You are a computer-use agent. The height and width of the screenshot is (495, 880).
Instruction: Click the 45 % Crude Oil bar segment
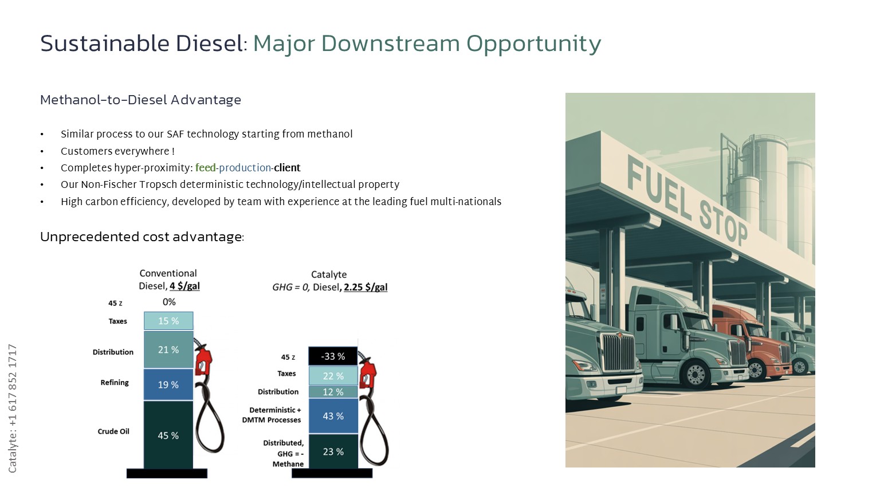click(x=168, y=434)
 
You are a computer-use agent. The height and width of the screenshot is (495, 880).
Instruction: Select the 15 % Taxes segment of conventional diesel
click(x=168, y=321)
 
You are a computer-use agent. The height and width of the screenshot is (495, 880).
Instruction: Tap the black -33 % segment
click(x=333, y=356)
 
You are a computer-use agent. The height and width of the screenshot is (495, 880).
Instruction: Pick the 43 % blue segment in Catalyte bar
click(x=333, y=415)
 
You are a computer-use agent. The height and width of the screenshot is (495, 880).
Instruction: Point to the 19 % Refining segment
click(x=168, y=384)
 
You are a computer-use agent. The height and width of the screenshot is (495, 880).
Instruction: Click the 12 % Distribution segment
click(x=333, y=392)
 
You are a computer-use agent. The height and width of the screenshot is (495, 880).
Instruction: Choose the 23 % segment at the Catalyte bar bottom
click(x=333, y=451)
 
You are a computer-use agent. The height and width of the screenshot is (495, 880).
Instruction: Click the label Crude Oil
click(x=113, y=431)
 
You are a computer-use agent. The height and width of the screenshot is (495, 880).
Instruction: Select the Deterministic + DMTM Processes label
click(x=272, y=415)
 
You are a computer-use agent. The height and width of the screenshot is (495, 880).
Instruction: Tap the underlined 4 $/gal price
click(x=184, y=286)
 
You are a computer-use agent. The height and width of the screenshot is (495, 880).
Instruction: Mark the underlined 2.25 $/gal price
click(x=366, y=287)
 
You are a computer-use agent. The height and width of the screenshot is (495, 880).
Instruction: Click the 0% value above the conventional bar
click(x=169, y=302)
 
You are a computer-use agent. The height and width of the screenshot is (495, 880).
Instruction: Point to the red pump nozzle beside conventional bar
click(x=203, y=360)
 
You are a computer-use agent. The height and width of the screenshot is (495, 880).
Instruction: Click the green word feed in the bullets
click(x=206, y=168)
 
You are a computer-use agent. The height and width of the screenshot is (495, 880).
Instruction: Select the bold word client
click(x=287, y=168)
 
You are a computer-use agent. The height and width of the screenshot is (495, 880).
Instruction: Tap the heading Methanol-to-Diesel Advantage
click(x=140, y=100)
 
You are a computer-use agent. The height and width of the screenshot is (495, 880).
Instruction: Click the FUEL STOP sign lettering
click(x=687, y=201)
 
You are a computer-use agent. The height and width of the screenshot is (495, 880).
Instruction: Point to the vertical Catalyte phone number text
click(x=12, y=408)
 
